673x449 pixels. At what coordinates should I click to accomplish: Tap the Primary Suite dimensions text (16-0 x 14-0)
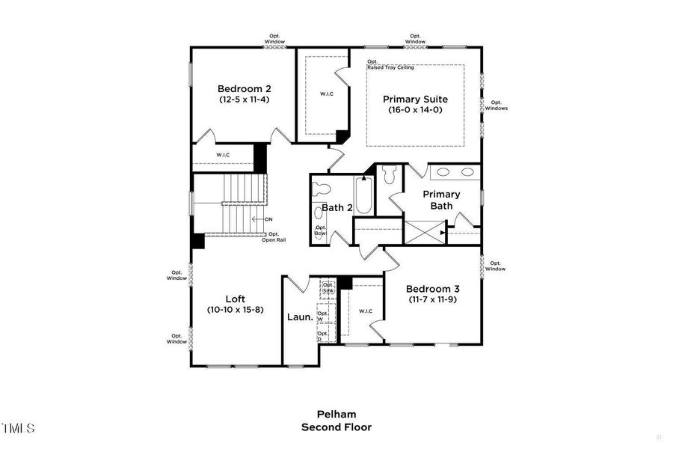pyautogui.click(x=415, y=110)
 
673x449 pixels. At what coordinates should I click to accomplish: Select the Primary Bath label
pyautogui.click(x=441, y=200)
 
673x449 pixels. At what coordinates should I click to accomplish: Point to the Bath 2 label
pyautogui.click(x=336, y=207)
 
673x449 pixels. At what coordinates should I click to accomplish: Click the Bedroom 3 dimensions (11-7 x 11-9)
pyautogui.click(x=432, y=299)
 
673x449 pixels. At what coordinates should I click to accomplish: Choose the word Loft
pyautogui.click(x=236, y=299)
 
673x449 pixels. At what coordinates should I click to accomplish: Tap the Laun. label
pyautogui.click(x=298, y=317)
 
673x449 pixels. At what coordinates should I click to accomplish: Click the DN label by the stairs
pyautogui.click(x=268, y=219)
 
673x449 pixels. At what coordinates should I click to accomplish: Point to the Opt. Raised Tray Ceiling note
pyautogui.click(x=390, y=65)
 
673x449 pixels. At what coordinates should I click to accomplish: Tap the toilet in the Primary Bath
pyautogui.click(x=387, y=176)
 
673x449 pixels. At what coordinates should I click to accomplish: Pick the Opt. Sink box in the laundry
pyautogui.click(x=328, y=287)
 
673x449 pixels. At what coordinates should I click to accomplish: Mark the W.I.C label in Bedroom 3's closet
pyautogui.click(x=366, y=311)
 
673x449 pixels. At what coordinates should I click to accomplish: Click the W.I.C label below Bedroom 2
pyautogui.click(x=223, y=155)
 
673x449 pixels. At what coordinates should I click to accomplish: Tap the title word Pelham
pyautogui.click(x=336, y=414)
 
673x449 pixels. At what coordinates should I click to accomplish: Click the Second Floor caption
pyautogui.click(x=336, y=427)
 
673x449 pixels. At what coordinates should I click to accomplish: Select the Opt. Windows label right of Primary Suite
pyautogui.click(x=496, y=106)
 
